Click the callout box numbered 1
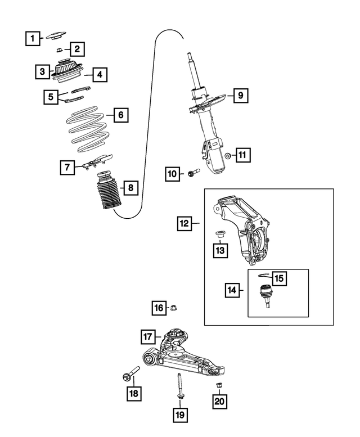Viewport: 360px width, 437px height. (32, 38)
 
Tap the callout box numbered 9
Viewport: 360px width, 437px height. (239, 96)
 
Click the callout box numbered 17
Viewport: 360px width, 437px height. (147, 337)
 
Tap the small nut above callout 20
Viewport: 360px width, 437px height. (218, 385)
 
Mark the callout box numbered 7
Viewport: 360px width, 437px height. (67, 166)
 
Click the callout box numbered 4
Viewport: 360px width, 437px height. (99, 74)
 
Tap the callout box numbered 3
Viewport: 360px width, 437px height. (42, 71)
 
